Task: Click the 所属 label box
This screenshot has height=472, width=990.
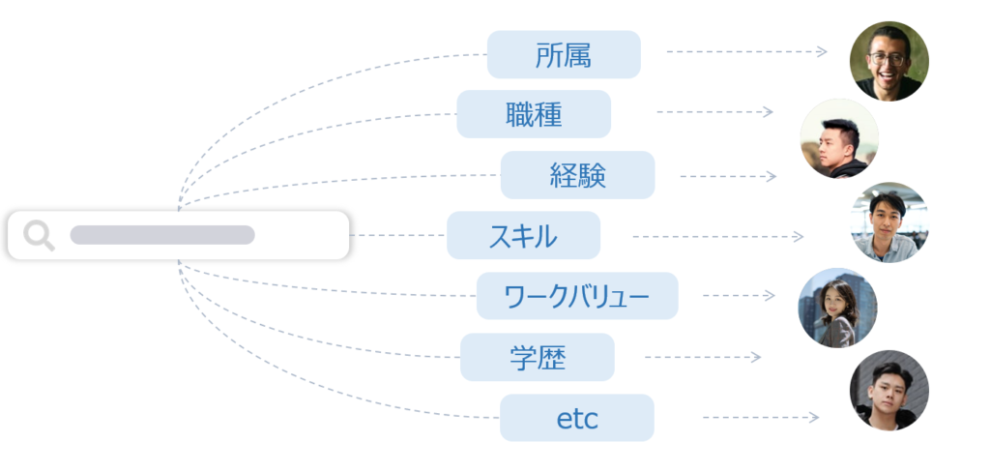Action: click(x=564, y=54)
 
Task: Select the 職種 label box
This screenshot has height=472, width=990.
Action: click(x=534, y=114)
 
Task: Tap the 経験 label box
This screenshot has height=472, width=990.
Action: click(x=578, y=175)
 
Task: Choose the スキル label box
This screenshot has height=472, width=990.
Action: click(x=523, y=235)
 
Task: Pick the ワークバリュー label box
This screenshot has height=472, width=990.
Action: click(x=577, y=296)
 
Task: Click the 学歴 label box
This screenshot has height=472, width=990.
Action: click(x=538, y=357)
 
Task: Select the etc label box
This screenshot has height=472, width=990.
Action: click(x=577, y=418)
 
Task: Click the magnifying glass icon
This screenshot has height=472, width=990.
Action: click(x=39, y=236)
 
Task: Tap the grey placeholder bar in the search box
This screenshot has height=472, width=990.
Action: click(x=162, y=234)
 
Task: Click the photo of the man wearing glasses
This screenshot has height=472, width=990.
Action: click(x=889, y=61)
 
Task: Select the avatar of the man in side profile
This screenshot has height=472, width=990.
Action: click(x=839, y=137)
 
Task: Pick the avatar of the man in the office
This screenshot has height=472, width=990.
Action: click(x=889, y=222)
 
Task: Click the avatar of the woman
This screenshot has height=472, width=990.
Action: click(x=837, y=308)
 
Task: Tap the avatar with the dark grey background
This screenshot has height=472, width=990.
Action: click(x=889, y=391)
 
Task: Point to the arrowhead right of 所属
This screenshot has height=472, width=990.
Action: click(x=822, y=52)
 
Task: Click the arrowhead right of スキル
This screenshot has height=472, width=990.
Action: click(x=799, y=236)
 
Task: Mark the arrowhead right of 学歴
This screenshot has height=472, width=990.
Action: click(x=756, y=358)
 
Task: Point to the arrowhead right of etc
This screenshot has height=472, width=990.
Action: click(x=814, y=418)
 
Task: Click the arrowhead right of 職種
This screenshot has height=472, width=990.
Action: click(x=768, y=112)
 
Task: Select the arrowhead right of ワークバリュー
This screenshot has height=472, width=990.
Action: click(x=770, y=295)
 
